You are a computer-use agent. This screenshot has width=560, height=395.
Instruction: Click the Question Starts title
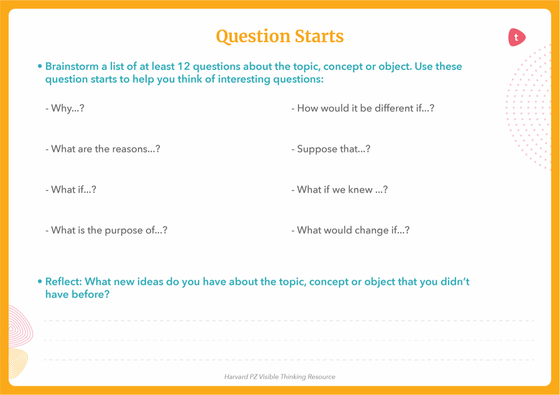[x=279, y=37]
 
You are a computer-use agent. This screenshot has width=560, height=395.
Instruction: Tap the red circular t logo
[x=517, y=37]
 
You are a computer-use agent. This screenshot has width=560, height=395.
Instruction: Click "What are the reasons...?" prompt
[x=103, y=149]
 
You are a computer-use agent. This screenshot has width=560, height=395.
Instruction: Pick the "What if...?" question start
[x=71, y=190]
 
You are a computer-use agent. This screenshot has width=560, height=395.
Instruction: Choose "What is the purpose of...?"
[x=107, y=231]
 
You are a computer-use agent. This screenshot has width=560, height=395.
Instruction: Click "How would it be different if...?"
[x=363, y=109]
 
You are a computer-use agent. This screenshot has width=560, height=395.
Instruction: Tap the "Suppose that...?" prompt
[x=331, y=149]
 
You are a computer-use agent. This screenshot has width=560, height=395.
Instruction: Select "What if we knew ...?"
[x=339, y=190]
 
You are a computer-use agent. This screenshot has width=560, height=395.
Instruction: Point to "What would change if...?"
[x=351, y=231]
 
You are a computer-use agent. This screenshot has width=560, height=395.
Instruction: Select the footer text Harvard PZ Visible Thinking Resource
[x=279, y=377]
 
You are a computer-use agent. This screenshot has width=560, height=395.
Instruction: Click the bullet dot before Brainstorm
[x=40, y=67]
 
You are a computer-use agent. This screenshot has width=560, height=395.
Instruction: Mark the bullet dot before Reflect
[x=40, y=282]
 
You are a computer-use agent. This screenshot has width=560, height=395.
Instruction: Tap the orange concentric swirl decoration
[x=17, y=363]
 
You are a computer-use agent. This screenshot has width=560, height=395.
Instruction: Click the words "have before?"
[x=77, y=294]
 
